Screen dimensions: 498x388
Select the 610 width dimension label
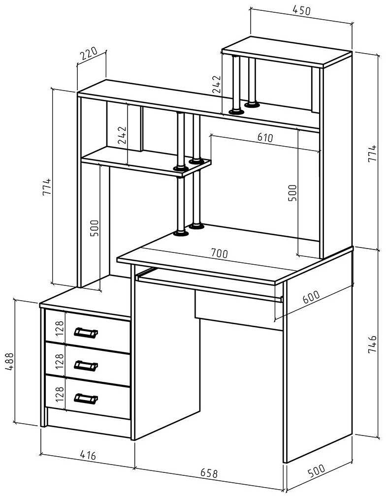(264, 137)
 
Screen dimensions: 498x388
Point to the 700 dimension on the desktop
(219, 253)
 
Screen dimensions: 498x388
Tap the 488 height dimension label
(10, 361)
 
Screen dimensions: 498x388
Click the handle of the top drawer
(86, 333)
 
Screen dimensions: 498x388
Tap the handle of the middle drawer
(86, 365)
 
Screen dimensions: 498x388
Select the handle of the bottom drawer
(86, 398)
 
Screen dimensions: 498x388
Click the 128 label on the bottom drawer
(60, 396)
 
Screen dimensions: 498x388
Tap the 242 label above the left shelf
(122, 136)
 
